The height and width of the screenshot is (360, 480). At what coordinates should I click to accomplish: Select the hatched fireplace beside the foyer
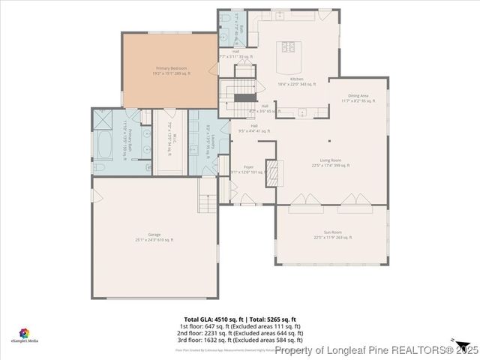click(x=274, y=172)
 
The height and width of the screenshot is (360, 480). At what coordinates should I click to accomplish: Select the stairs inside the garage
click(x=208, y=202)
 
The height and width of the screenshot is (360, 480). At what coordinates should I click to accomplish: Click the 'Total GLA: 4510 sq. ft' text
click(x=211, y=319)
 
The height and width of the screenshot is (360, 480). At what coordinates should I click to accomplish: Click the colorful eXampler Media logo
click(x=24, y=332)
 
